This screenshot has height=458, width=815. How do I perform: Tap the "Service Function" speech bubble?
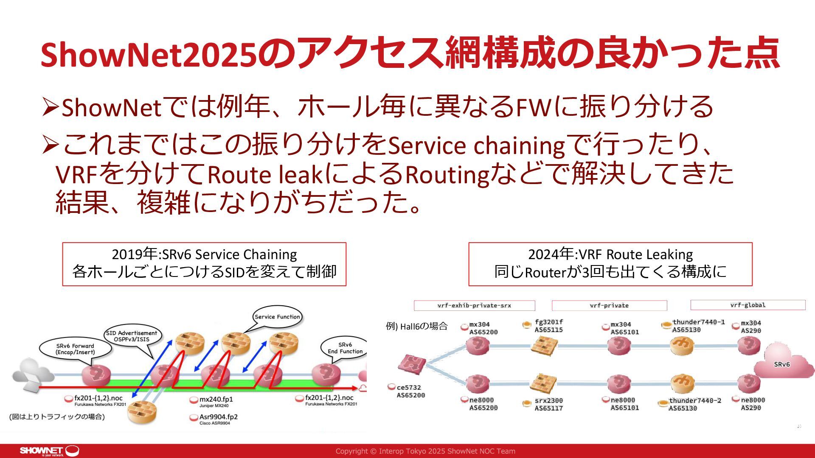pyautogui.click(x=277, y=317)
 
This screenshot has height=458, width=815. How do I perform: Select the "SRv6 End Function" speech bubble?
pyautogui.click(x=345, y=348)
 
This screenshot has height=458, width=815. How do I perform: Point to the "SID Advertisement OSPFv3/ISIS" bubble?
pyautogui.click(x=131, y=336)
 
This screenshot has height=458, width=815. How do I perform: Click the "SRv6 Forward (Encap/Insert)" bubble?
pyautogui.click(x=75, y=349)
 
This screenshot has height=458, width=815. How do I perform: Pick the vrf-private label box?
pyautogui.click(x=609, y=305)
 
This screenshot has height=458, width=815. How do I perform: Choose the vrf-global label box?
pyautogui.click(x=748, y=305)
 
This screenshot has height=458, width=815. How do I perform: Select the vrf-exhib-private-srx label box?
pyautogui.click(x=474, y=305)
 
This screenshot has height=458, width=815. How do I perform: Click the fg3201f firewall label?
pyautogui.click(x=548, y=326)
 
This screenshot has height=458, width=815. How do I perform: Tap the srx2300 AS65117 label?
pyautogui.click(x=548, y=404)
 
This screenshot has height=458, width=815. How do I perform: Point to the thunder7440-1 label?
pyautogui.click(x=698, y=326)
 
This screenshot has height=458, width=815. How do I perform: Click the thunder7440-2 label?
pyautogui.click(x=695, y=404)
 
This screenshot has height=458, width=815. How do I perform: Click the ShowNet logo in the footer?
pyautogui.click(x=49, y=451)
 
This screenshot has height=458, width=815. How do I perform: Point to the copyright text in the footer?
pyautogui.click(x=425, y=451)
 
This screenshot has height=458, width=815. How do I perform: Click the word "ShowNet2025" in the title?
pyautogui.click(x=149, y=55)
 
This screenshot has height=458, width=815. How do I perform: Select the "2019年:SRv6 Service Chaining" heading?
pyautogui.click(x=204, y=254)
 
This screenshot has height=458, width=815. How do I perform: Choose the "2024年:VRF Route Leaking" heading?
pyautogui.click(x=610, y=254)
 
